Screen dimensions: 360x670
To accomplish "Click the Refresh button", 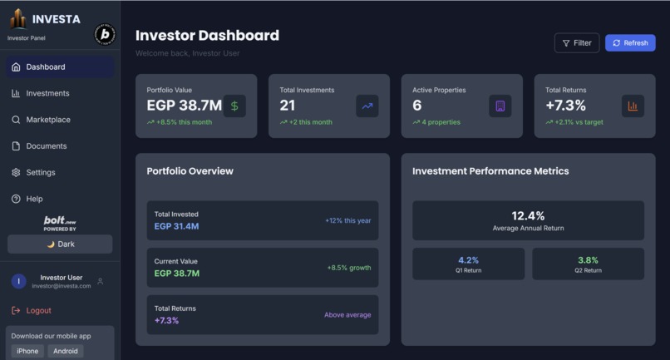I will click(x=630, y=43).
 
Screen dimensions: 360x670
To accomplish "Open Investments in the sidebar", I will click(x=47, y=93).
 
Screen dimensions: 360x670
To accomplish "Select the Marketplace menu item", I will click(x=47, y=120).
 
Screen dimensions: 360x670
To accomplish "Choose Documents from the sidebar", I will click(x=46, y=146).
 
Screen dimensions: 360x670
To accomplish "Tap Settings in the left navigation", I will click(x=40, y=173).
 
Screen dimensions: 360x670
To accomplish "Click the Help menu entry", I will click(x=34, y=200).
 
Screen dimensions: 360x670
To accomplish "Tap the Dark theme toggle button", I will click(x=60, y=244).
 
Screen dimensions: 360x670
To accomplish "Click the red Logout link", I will click(x=38, y=311).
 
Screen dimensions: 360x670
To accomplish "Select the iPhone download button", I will click(x=27, y=351).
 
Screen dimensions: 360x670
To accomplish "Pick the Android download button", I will click(x=66, y=351).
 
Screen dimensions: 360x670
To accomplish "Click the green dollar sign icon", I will click(x=234, y=106).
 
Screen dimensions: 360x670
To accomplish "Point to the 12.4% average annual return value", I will click(x=528, y=216).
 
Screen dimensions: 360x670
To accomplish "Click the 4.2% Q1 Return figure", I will click(x=468, y=260).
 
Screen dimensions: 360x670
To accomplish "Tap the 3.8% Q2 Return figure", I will click(x=588, y=260).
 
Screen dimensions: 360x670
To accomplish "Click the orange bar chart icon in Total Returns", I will click(x=633, y=106).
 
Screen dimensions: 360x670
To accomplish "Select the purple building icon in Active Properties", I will click(x=500, y=106).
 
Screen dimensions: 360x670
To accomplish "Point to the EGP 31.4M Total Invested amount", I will click(x=176, y=226).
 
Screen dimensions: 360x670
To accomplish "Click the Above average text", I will click(x=347, y=315).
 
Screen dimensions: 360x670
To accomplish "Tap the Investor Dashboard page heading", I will click(x=207, y=36).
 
